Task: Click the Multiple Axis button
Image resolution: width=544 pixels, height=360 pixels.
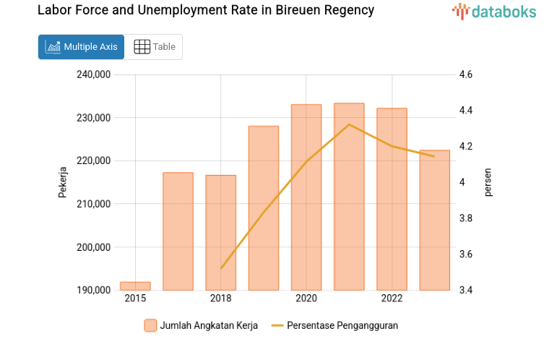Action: tap(81, 47)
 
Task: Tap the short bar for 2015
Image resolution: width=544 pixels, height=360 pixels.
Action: tap(135, 286)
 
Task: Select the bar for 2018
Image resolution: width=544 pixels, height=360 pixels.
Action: tap(220, 231)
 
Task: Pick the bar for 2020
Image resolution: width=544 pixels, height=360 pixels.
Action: tap(306, 197)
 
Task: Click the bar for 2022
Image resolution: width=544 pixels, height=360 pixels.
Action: tap(392, 199)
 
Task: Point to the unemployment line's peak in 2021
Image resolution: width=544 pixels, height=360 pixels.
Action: tap(349, 124)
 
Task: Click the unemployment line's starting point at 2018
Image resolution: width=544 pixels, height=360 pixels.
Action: tap(221, 267)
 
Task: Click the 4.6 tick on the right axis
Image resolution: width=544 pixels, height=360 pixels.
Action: tap(465, 74)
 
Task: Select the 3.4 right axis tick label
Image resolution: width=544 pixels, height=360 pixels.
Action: tap(465, 291)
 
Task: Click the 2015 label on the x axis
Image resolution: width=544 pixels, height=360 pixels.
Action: tap(135, 299)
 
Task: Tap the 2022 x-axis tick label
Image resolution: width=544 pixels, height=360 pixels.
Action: tap(392, 299)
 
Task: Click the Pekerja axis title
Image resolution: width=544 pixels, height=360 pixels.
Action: tap(63, 182)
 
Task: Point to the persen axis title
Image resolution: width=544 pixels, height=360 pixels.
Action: tap(488, 182)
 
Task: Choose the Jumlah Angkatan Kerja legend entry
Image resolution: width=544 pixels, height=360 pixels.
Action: tap(200, 325)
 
